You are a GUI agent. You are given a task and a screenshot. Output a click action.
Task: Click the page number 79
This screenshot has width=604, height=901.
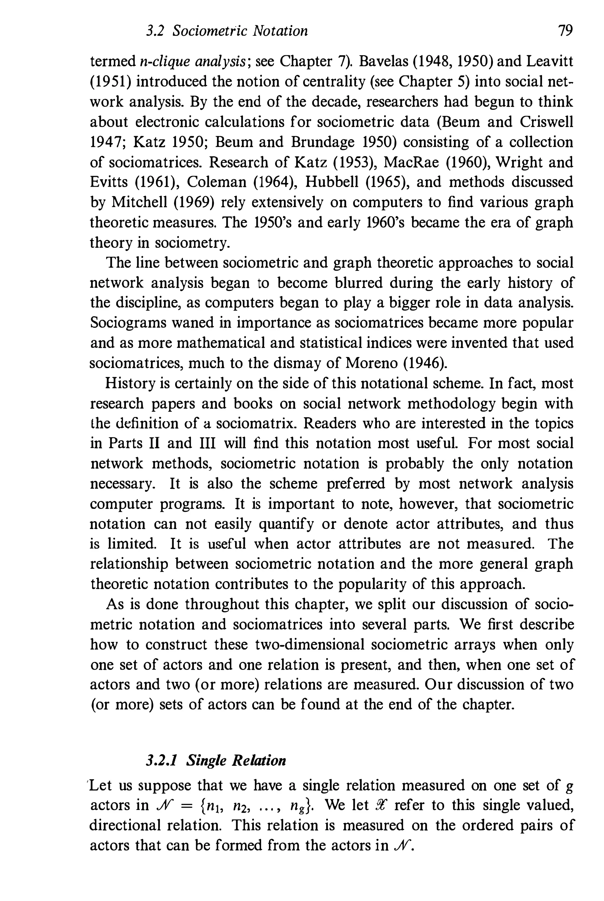[565, 30]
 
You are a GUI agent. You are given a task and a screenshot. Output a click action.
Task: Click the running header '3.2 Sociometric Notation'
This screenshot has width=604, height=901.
[227, 31]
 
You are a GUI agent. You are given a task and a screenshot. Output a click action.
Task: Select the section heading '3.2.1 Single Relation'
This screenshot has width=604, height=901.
[216, 760]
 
